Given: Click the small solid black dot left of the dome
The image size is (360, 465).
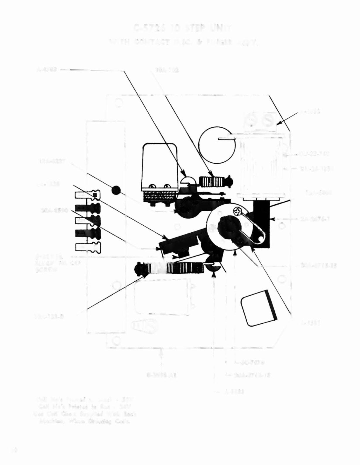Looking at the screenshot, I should pyautogui.click(x=116, y=191).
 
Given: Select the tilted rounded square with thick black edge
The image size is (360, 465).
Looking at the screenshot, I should pyautogui.click(x=259, y=308).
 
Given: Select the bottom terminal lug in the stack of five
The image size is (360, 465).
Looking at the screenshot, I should pyautogui.click(x=88, y=247).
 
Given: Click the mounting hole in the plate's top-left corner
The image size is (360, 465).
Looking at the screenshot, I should pyautogui.click(x=118, y=103).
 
